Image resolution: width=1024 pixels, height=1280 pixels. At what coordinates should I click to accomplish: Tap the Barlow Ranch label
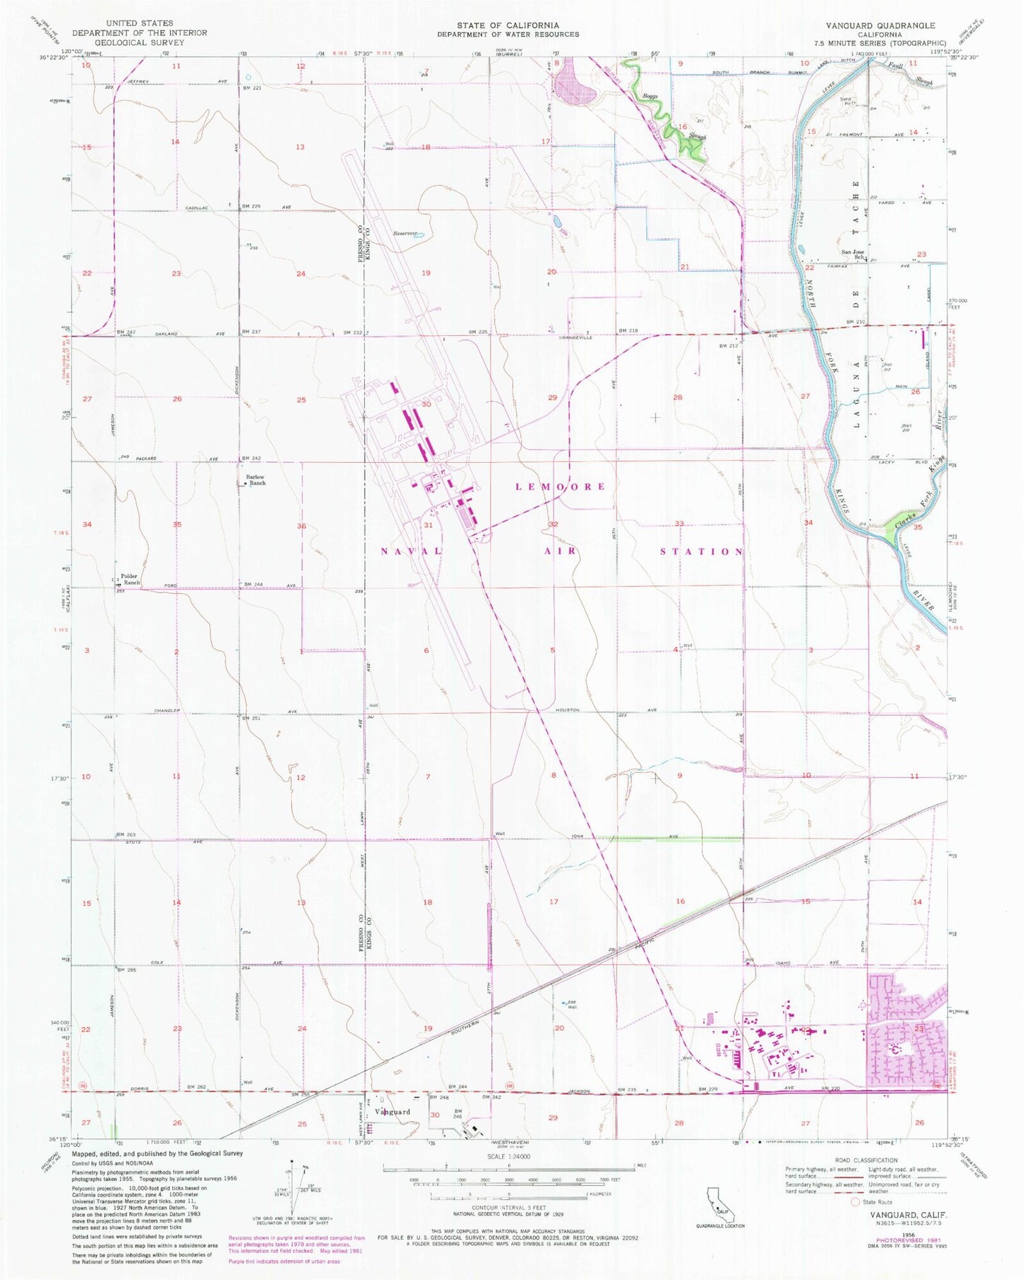click(255, 480)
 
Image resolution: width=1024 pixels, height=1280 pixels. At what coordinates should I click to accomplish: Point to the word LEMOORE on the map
click(561, 486)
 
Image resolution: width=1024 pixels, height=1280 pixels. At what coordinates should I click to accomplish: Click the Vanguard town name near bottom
click(393, 1111)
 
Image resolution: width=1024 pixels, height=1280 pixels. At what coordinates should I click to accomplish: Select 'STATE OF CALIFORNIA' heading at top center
click(507, 26)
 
